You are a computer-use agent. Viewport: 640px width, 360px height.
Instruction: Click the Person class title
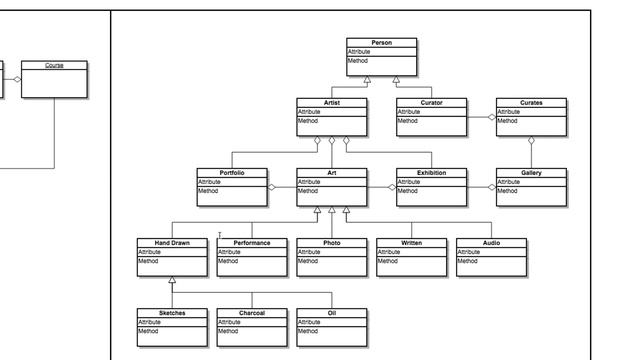tap(381, 43)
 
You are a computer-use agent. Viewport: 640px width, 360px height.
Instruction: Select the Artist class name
tap(331, 103)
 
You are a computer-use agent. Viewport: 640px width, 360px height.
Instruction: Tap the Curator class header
tap(431, 103)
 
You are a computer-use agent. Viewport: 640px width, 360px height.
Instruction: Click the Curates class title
tap(531, 103)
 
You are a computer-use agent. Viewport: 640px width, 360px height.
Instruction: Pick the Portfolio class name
tap(231, 173)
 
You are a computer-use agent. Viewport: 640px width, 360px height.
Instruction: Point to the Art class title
tap(331, 173)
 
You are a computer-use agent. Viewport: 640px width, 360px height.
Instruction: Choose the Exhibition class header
tap(431, 173)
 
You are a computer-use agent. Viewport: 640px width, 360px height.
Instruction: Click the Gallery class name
tap(531, 173)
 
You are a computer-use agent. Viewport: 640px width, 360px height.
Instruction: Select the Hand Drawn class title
tap(171, 243)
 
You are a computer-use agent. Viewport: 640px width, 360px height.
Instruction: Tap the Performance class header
tap(251, 243)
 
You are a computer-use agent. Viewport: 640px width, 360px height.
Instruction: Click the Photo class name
tap(331, 243)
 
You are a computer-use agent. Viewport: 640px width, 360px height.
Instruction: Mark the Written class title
tap(411, 243)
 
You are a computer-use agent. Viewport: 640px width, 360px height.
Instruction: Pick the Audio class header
tap(491, 243)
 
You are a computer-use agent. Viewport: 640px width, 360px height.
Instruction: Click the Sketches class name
tap(171, 313)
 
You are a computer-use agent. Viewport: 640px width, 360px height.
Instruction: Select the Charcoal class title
tap(251, 313)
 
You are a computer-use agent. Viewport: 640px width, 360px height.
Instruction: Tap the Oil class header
tap(331, 313)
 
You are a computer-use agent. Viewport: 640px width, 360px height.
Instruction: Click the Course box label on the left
tap(54, 66)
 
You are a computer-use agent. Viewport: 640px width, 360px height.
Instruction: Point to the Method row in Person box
tap(358, 61)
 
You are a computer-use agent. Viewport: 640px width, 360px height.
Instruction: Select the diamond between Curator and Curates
tap(491, 117)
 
